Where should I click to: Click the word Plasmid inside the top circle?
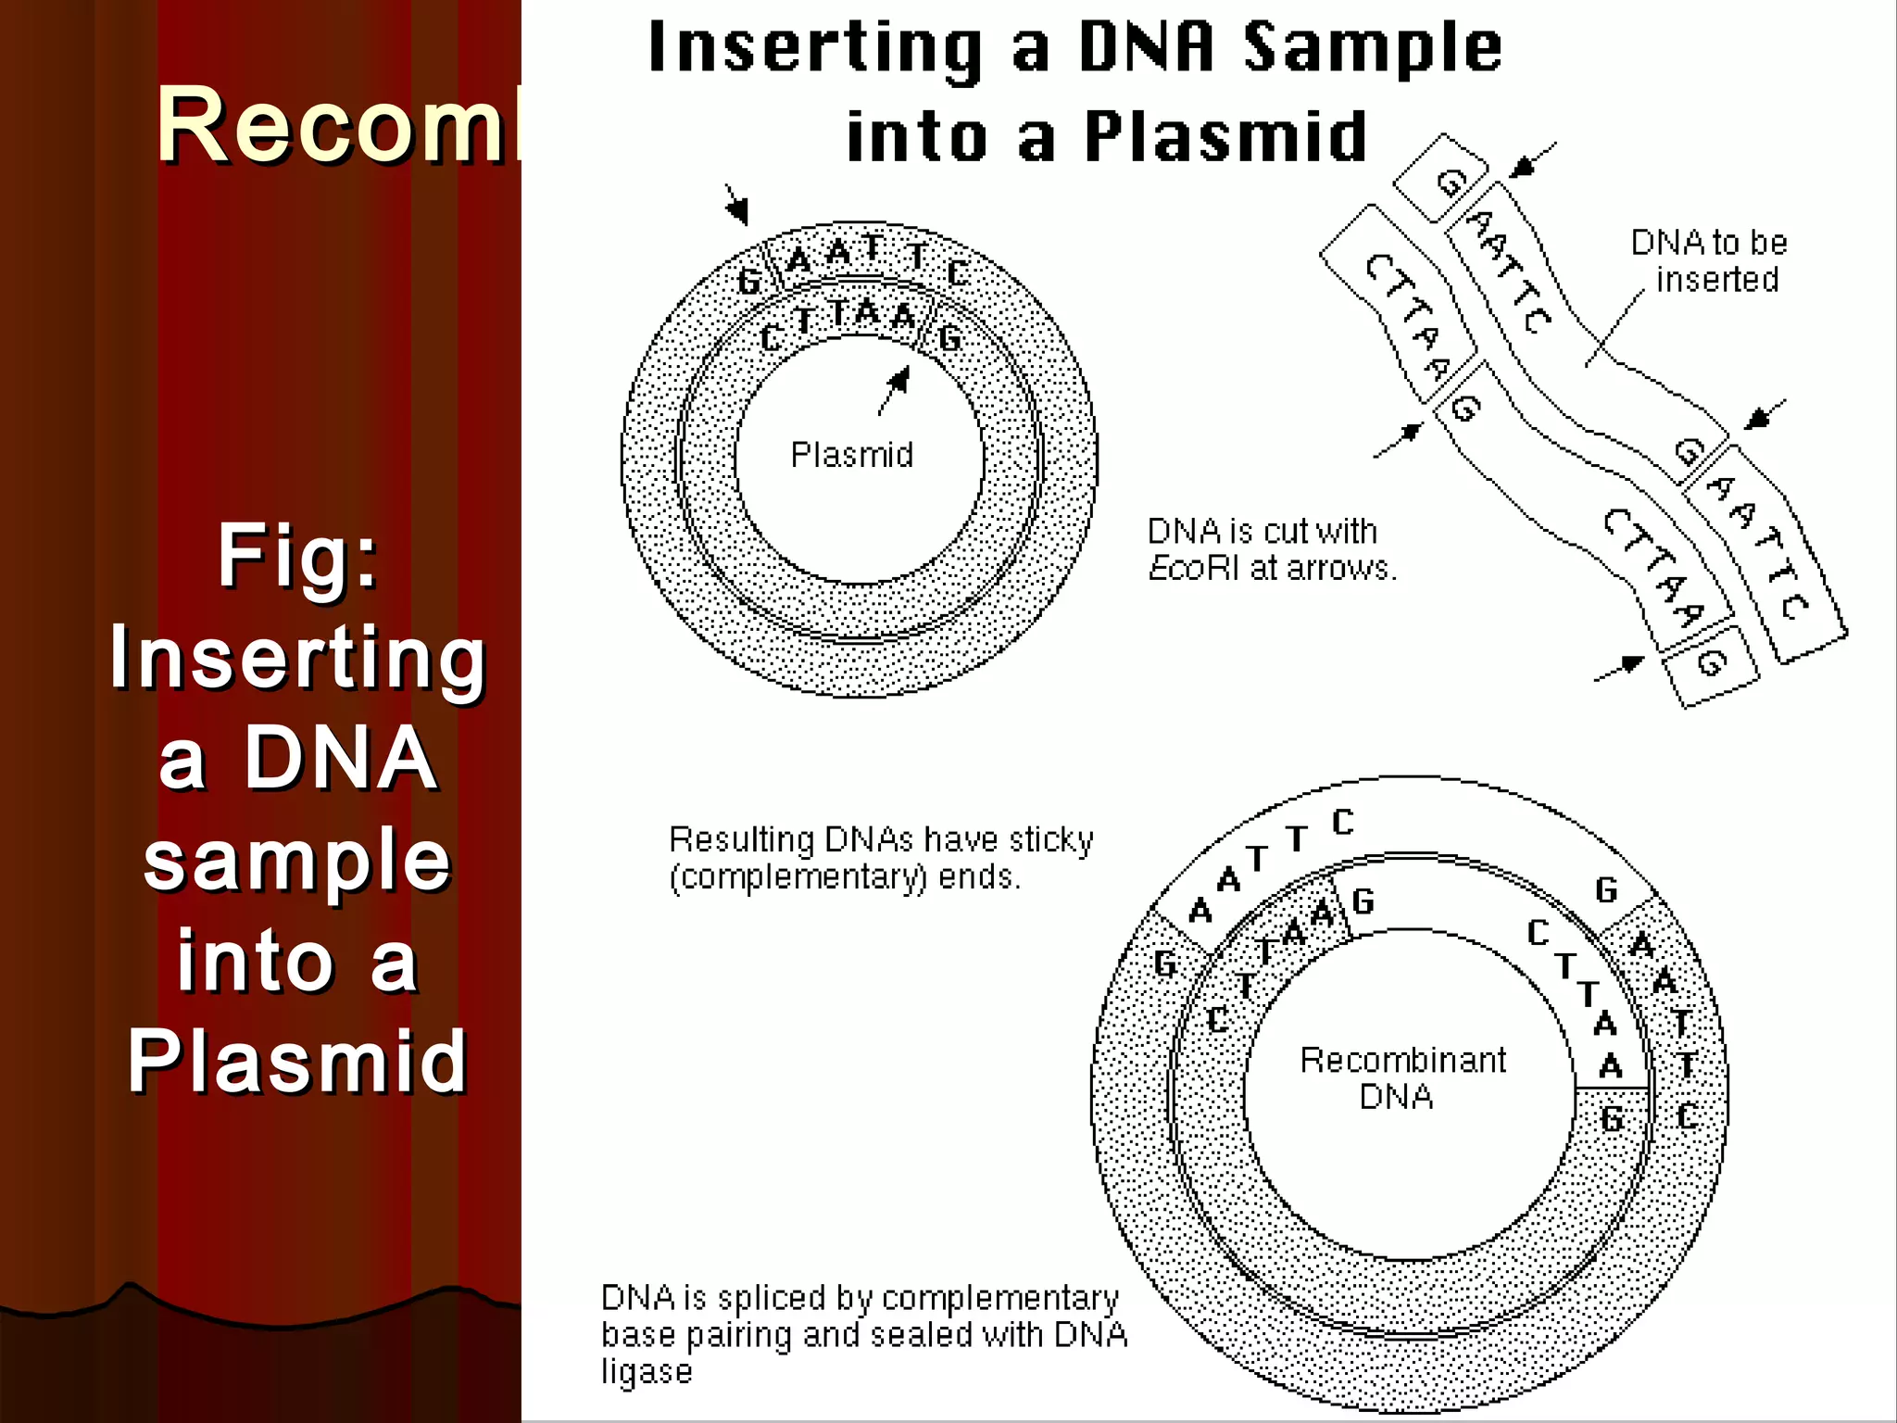[851, 455]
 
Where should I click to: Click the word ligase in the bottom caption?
[647, 1372]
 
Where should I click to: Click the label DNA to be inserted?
[1710, 261]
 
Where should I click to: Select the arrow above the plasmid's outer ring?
[736, 204]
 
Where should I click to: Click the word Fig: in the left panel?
[298, 556]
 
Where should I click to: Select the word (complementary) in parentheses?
[798, 876]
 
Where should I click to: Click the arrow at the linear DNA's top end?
[1532, 159]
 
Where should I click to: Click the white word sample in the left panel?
[297, 860]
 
